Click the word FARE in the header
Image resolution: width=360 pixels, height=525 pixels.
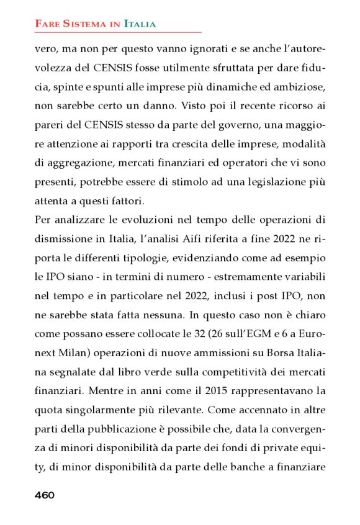tap(47, 24)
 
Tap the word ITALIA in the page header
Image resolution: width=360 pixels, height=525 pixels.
tap(140, 24)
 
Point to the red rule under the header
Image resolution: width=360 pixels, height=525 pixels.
tap(118, 32)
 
